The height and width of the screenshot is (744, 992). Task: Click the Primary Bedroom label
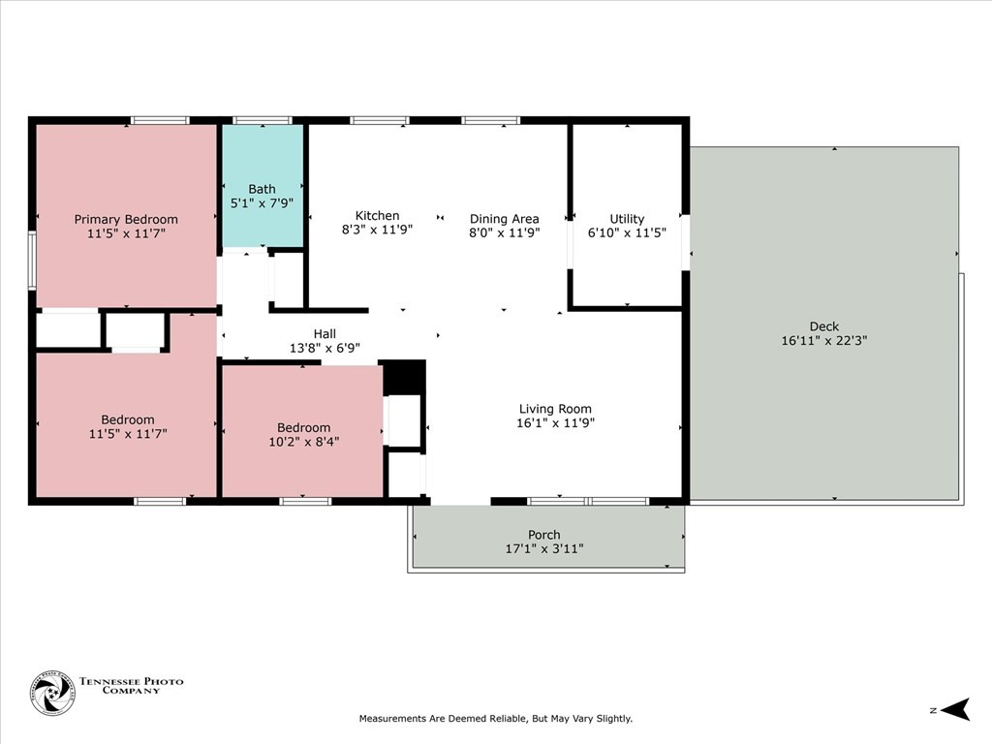pos(126,220)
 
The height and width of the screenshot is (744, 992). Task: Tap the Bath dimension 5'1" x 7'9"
pos(262,203)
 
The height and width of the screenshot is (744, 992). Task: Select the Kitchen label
pos(377,216)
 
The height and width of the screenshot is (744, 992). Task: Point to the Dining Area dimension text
pos(504,232)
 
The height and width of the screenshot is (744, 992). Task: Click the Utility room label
pos(627,219)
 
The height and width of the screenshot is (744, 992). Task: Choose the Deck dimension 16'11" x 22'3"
pos(824,340)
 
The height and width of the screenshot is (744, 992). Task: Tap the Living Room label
pos(555,410)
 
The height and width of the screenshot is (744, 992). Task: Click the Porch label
pos(544,535)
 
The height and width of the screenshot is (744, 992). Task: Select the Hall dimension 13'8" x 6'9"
pos(325,348)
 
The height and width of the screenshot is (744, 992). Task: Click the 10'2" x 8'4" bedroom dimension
pos(303,442)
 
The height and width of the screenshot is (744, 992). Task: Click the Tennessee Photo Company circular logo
pos(52,694)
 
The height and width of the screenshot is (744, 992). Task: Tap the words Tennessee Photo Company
pos(132,686)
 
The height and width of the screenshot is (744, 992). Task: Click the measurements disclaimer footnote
pos(496,719)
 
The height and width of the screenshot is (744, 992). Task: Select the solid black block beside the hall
pos(404,378)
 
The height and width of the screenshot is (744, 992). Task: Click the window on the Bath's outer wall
pos(263,120)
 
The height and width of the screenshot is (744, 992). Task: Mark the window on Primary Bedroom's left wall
pos(32,261)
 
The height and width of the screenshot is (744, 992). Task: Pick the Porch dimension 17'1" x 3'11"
pos(544,548)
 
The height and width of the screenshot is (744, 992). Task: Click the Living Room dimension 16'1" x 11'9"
pos(555,422)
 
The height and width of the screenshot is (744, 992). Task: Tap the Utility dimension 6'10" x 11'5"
pos(627,232)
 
